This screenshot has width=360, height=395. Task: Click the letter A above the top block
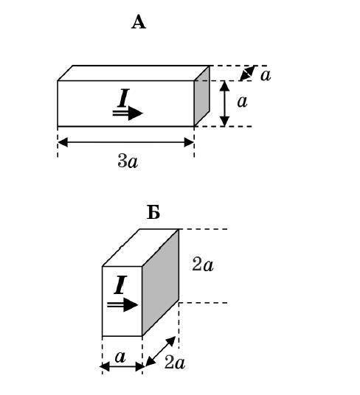(x=139, y=22)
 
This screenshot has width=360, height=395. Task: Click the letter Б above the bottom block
(x=153, y=213)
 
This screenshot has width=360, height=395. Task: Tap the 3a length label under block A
(x=128, y=161)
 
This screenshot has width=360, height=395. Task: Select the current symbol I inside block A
(x=123, y=98)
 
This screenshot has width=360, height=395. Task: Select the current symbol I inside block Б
(x=120, y=285)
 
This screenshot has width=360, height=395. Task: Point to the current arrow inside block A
(x=128, y=113)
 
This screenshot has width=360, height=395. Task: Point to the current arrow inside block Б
(x=122, y=305)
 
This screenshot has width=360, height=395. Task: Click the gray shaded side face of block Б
(x=160, y=282)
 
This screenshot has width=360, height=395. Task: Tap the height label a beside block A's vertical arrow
(x=242, y=102)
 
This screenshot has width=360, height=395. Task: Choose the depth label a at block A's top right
(x=266, y=75)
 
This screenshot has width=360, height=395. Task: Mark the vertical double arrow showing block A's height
(x=224, y=103)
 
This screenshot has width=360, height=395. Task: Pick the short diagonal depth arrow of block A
(x=247, y=73)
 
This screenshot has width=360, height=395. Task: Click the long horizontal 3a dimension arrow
(x=126, y=142)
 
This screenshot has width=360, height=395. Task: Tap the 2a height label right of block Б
(x=202, y=265)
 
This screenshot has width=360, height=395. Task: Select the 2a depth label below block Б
(x=175, y=363)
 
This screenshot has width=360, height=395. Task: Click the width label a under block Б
(x=120, y=357)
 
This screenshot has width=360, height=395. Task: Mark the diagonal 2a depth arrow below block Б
(x=161, y=352)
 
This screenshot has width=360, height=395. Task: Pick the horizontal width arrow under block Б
(x=122, y=366)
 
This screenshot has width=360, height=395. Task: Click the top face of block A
(x=134, y=73)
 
